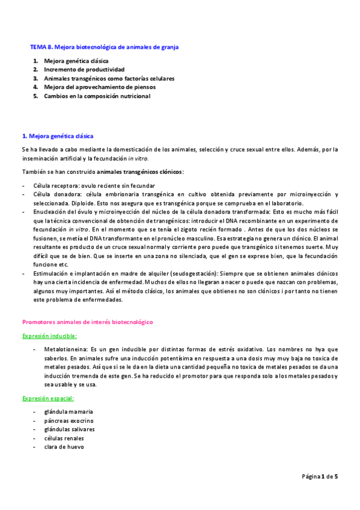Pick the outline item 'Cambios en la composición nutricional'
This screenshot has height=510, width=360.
97,96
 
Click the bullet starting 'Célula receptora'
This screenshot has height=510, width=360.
100,186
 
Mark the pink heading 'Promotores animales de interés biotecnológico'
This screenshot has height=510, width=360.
87,322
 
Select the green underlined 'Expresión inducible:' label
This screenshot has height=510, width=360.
49,336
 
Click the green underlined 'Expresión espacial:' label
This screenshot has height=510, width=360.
48,381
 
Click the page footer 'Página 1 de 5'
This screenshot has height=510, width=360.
320,476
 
